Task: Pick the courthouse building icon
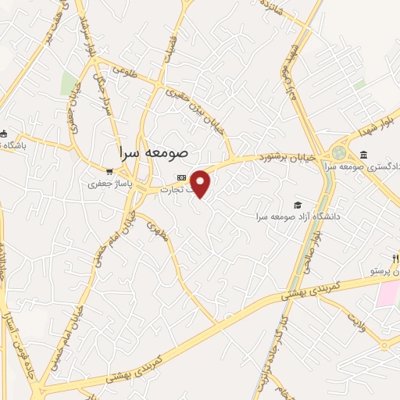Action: pyautogui.click(x=364, y=154)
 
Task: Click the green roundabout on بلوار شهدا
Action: pyautogui.click(x=339, y=152)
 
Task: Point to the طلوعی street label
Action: pyautogui.click(x=123, y=70)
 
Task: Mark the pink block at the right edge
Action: pyautogui.click(x=388, y=295)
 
